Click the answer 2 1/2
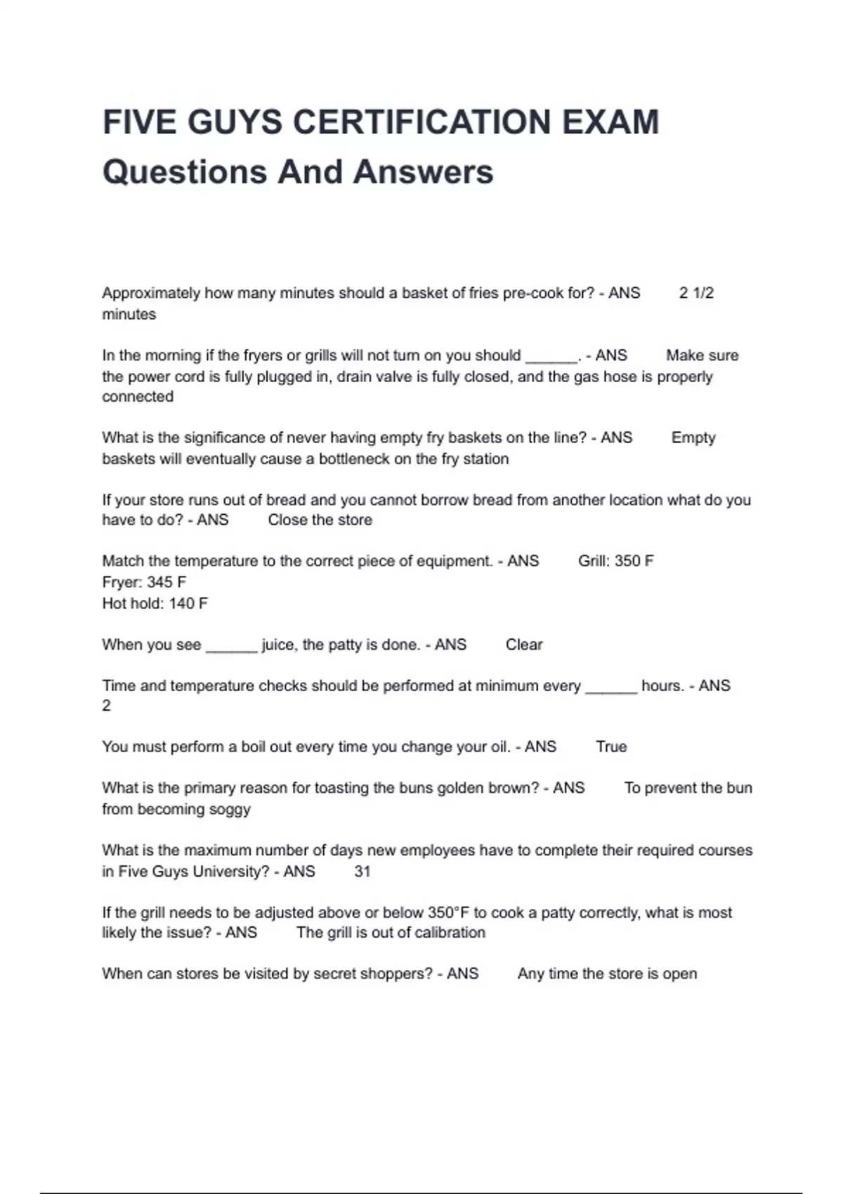click(x=696, y=293)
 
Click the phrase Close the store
click(x=320, y=520)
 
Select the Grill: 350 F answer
click(x=615, y=560)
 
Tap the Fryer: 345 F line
click(x=144, y=582)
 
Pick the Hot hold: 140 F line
click(x=155, y=603)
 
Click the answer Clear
click(x=524, y=644)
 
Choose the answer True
click(x=611, y=747)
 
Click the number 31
click(x=362, y=871)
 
